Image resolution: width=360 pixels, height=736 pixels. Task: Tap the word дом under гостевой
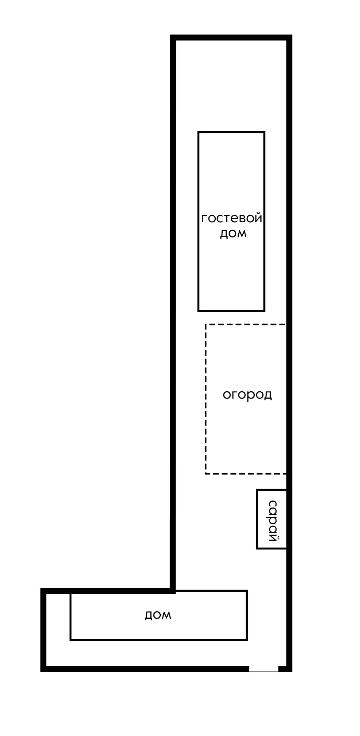(x=233, y=234)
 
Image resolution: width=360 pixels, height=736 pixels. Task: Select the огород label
(x=247, y=395)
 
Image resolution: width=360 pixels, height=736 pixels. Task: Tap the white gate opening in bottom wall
(x=263, y=669)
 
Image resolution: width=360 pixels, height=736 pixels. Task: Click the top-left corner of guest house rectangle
(x=199, y=132)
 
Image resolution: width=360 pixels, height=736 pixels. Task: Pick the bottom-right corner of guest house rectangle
(x=264, y=311)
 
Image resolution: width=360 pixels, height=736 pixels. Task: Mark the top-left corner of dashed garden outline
(x=206, y=324)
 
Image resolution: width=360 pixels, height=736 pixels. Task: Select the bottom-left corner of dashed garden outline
(x=206, y=473)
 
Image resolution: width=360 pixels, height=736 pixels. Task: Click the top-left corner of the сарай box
(x=257, y=490)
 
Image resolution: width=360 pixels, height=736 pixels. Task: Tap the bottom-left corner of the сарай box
(x=257, y=548)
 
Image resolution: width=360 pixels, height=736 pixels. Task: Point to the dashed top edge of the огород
(x=246, y=324)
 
